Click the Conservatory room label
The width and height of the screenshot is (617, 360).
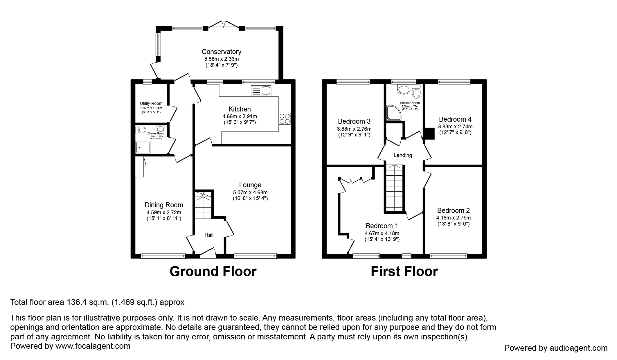[221, 52]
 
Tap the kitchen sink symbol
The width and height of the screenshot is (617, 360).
[261, 91]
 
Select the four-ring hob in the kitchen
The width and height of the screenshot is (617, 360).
[285, 118]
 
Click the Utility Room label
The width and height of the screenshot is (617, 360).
[151, 103]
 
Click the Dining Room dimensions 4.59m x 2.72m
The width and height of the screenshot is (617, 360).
[164, 212]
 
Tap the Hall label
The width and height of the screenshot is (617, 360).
[209, 235]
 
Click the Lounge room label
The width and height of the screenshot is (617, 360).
[250, 185]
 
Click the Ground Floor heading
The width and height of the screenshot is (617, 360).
[213, 271]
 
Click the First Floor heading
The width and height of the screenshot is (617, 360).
[404, 271]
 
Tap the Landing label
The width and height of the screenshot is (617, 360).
[402, 155]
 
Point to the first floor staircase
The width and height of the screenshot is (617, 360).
[394, 188]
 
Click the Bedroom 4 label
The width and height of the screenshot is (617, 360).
[455, 119]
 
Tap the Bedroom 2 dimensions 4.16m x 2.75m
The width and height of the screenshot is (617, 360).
[453, 218]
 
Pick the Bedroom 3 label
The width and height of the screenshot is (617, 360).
[354, 121]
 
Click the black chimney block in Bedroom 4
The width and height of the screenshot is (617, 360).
[429, 134]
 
